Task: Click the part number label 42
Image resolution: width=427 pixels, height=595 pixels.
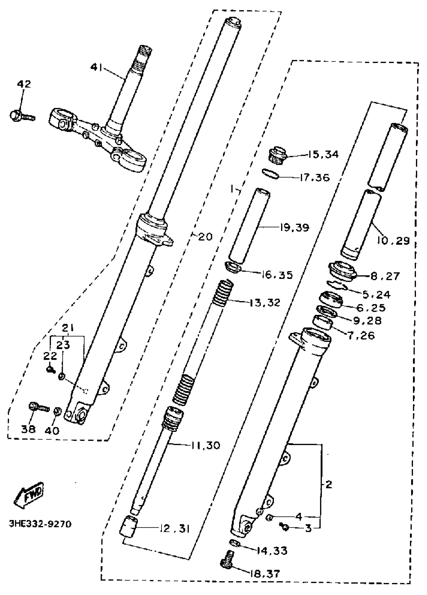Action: pyautogui.click(x=24, y=84)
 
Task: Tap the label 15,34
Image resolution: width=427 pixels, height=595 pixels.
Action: pyautogui.click(x=323, y=154)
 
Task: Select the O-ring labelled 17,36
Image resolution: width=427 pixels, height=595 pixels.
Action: pyautogui.click(x=270, y=174)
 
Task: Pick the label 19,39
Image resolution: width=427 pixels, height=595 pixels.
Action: pyautogui.click(x=294, y=227)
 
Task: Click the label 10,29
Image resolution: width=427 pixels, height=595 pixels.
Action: pyautogui.click(x=393, y=240)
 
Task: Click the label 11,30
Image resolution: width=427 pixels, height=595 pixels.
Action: pyautogui.click(x=205, y=445)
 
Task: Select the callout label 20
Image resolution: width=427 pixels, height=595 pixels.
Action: pyautogui.click(x=205, y=237)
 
